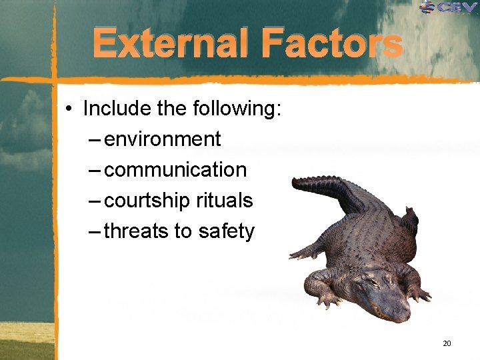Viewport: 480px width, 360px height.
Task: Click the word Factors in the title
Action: pyautogui.click(x=332, y=45)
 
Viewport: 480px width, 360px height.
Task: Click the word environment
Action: pyautogui.click(x=163, y=139)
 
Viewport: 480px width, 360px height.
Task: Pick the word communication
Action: pyautogui.click(x=175, y=169)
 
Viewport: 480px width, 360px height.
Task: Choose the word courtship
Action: pyautogui.click(x=147, y=200)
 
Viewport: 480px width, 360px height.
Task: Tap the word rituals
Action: pyautogui.click(x=225, y=200)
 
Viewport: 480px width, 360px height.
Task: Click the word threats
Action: pyautogui.click(x=136, y=231)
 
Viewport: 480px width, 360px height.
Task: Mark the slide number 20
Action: pyautogui.click(x=447, y=343)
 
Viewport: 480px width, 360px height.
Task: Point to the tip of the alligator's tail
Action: pyautogui.click(x=294, y=181)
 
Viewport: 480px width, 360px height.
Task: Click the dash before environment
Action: pyautogui.click(x=94, y=139)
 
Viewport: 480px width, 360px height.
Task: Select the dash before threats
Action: pyautogui.click(x=94, y=231)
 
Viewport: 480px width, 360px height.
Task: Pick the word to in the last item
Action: pyautogui.click(x=183, y=231)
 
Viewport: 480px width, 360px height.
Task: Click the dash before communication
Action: pyautogui.click(x=94, y=170)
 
